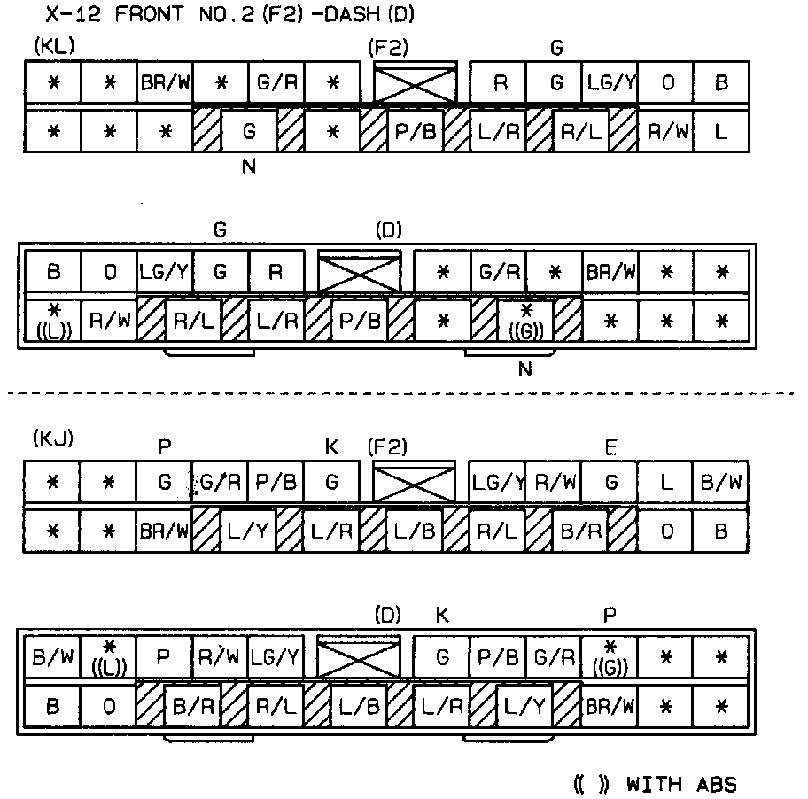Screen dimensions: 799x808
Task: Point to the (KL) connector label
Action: [x=55, y=45]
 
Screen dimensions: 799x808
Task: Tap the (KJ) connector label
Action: [x=55, y=438]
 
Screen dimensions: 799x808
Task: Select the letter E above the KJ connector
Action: [x=610, y=448]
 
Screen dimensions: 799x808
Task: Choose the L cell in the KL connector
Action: [x=721, y=132]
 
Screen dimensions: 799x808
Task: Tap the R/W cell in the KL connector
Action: [x=665, y=132]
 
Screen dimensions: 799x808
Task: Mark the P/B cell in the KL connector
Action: [x=416, y=132]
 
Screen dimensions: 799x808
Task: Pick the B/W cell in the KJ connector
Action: [x=721, y=483]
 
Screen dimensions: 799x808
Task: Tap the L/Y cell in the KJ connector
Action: [x=248, y=531]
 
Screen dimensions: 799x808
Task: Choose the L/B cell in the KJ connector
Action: [x=415, y=531]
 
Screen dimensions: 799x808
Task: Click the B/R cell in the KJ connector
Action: [x=581, y=531]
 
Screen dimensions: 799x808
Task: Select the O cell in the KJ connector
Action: [x=665, y=531]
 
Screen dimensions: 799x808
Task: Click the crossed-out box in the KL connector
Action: [x=415, y=84]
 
